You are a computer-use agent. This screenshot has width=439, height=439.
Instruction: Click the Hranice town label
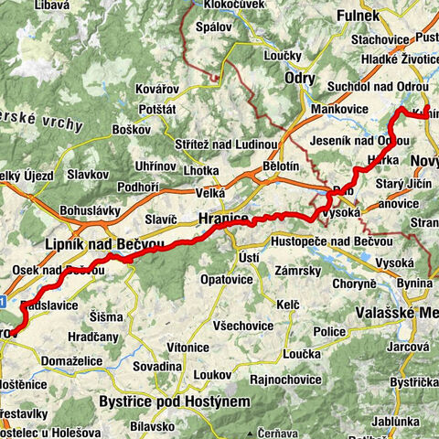coord(222,219)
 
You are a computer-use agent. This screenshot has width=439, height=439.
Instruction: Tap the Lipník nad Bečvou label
coord(103,245)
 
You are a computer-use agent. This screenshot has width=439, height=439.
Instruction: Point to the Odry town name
coord(300,79)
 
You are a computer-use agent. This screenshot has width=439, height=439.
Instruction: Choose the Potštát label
coord(158,109)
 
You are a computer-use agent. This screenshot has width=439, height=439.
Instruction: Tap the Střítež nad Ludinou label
coord(226,145)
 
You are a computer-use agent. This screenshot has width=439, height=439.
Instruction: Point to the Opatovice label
coord(227,278)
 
